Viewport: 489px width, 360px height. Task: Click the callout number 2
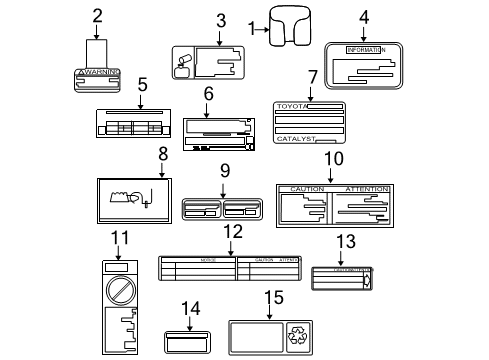tap(97, 15)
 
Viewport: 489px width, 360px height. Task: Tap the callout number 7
tap(312, 76)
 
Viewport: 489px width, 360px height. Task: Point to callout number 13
tap(345, 241)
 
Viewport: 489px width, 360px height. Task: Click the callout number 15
tap(273, 297)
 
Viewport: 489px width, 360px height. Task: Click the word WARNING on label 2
tap(99, 73)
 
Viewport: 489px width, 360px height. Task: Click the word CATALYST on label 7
tap(295, 140)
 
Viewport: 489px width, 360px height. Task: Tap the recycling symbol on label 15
tap(326, 336)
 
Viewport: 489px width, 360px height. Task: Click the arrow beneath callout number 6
tap(209, 108)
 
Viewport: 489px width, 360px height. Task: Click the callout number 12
tap(232, 233)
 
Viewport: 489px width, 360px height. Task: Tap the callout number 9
tap(225, 170)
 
